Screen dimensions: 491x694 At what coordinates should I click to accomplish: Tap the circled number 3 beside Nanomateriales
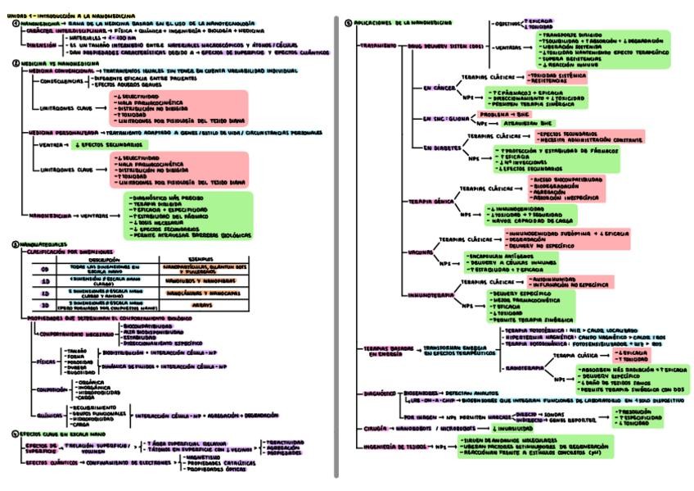pyautogui.click(x=16, y=243)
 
